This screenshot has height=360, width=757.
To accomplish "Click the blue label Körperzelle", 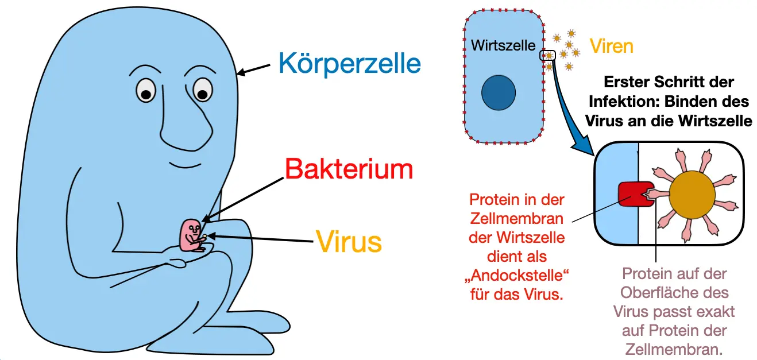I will (x=349, y=63).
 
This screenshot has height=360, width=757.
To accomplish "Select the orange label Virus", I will (x=349, y=242).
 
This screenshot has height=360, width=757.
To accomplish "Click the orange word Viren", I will (x=612, y=46).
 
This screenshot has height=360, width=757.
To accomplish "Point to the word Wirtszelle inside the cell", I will (x=503, y=45).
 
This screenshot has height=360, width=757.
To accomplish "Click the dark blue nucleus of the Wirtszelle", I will (x=499, y=92).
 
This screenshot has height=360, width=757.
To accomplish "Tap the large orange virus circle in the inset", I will (x=693, y=195).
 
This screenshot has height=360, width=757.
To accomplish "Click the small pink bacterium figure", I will (x=191, y=235).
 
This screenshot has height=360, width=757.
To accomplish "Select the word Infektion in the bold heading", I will (x=625, y=102).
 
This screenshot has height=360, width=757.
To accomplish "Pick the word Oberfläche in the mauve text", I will (x=675, y=293).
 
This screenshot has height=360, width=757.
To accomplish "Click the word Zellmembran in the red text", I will (x=517, y=219).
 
